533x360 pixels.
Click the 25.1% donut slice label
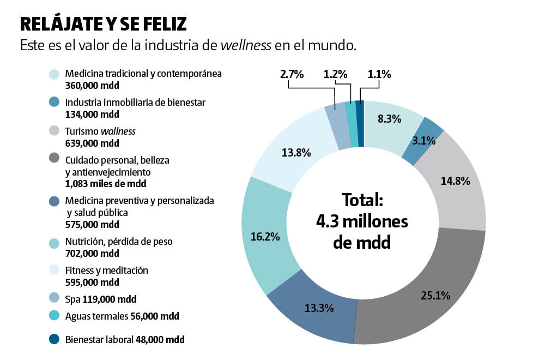(435, 296)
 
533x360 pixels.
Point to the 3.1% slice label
(423, 141)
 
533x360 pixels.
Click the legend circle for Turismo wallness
(54, 131)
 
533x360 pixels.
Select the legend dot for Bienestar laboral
(54, 339)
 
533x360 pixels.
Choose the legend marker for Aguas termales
(54, 316)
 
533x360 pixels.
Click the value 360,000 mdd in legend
(92, 85)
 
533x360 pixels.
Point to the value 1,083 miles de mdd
(105, 184)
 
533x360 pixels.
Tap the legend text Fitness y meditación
(106, 271)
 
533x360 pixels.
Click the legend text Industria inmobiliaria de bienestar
(135, 103)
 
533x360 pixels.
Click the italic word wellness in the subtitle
(246, 45)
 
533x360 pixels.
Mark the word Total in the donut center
(362, 200)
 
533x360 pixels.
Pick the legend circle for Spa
(54, 298)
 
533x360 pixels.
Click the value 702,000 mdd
(92, 253)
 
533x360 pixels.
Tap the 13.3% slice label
(319, 308)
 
